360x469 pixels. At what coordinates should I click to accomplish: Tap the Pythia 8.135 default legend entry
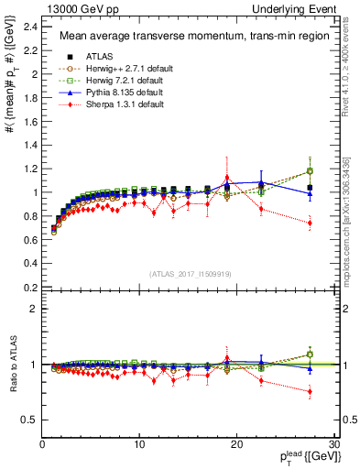click(x=115, y=93)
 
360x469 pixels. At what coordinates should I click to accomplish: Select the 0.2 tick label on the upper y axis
click(x=29, y=288)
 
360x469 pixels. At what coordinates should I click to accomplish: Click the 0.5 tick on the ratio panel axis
click(x=29, y=420)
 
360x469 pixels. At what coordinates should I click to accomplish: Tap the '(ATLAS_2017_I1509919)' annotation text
click(x=191, y=273)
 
